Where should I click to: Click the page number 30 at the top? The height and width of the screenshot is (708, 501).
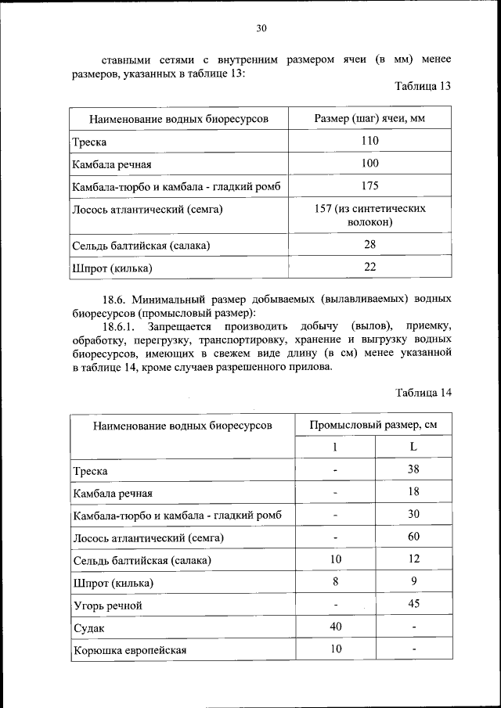pyautogui.click(x=261, y=29)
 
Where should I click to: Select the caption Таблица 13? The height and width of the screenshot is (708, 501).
pyautogui.click(x=424, y=87)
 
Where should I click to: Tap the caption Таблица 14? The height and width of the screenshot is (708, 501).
pyautogui.click(x=424, y=393)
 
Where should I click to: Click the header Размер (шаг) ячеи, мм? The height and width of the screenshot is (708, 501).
pyautogui.click(x=369, y=119)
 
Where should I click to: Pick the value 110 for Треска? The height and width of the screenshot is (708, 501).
pyautogui.click(x=369, y=142)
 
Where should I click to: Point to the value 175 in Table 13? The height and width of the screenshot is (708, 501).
pyautogui.click(x=369, y=186)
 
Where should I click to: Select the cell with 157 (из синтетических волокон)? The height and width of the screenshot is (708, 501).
pyautogui.click(x=369, y=216)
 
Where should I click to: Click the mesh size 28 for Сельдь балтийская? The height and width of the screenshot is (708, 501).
pyautogui.click(x=369, y=245)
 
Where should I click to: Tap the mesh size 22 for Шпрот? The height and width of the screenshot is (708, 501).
pyautogui.click(x=369, y=268)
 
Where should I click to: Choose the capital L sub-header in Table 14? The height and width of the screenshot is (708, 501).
pyautogui.click(x=413, y=447)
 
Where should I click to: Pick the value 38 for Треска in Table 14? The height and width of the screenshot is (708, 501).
pyautogui.click(x=413, y=470)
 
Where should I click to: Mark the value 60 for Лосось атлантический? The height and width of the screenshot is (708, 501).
pyautogui.click(x=413, y=537)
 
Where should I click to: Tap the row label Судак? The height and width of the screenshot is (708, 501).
pyautogui.click(x=88, y=628)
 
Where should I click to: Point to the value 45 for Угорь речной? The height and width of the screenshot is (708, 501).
pyautogui.click(x=413, y=604)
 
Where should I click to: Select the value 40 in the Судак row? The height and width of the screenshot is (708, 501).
pyautogui.click(x=335, y=627)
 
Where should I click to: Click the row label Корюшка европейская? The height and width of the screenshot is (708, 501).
pyautogui.click(x=131, y=650)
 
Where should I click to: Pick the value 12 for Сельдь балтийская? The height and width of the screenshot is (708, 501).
pyautogui.click(x=413, y=559)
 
